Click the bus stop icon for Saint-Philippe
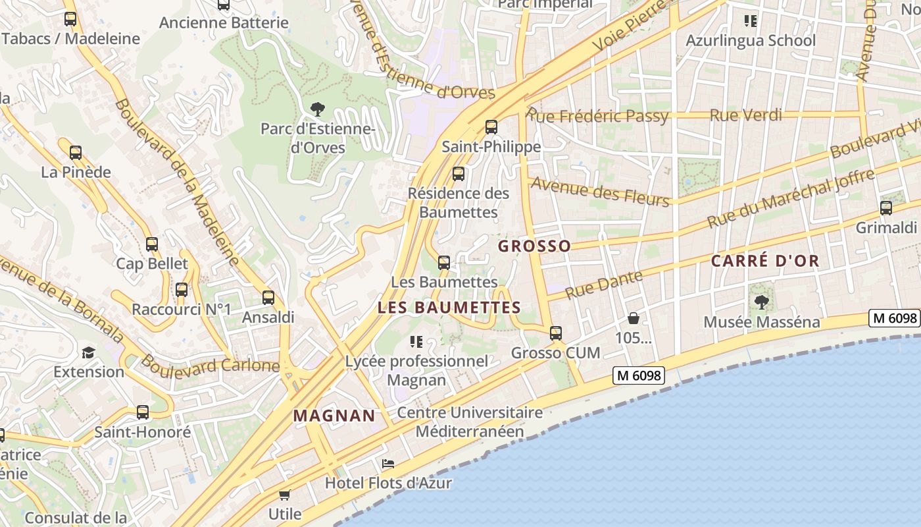491,127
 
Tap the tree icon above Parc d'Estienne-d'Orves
317,109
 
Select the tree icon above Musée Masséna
762,302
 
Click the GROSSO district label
534,246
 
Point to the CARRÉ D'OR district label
765,261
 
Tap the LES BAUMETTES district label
449,308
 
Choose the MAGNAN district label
334,416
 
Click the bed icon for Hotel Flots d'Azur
388,464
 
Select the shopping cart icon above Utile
284,495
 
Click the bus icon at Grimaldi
885,208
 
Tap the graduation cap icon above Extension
88,352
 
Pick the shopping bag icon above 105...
633,319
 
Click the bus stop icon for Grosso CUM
556,333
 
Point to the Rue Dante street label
603,285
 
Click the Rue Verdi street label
745,115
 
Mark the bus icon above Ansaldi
268,297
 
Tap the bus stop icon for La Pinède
76,153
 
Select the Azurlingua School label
750,41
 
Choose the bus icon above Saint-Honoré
143,412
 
